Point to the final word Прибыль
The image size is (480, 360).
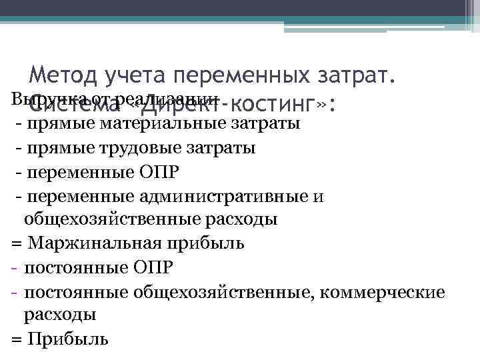pos(68,338)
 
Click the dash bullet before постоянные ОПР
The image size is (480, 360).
pos(14,267)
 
